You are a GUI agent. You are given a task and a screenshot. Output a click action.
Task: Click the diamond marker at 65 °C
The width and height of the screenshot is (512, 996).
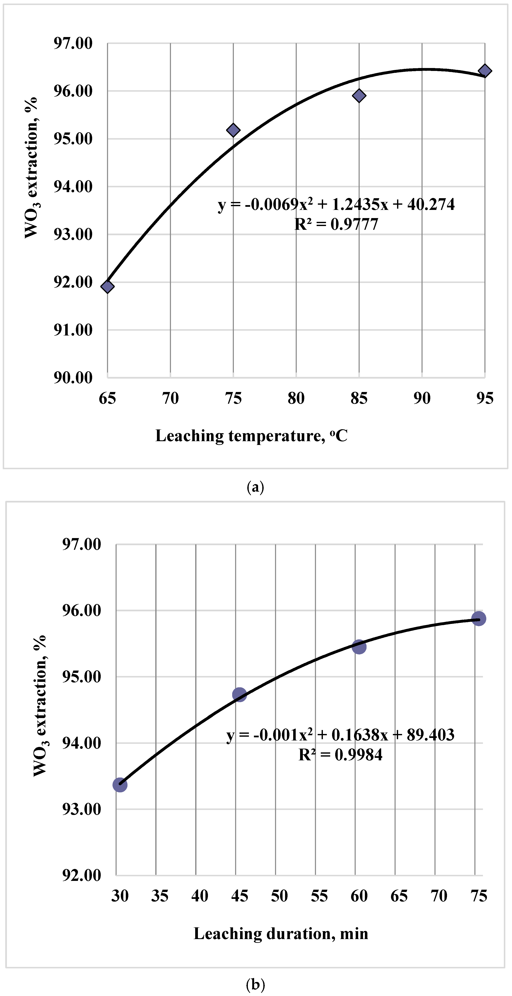107,287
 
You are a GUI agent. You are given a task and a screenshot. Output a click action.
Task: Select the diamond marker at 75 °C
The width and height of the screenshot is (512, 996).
233,130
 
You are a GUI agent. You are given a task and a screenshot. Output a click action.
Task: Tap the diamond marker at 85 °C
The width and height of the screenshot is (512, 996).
359,95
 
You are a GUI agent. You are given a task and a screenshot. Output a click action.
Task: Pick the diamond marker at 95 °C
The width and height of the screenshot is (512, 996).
485,71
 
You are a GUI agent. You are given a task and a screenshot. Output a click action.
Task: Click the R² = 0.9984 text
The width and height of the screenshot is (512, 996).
340,755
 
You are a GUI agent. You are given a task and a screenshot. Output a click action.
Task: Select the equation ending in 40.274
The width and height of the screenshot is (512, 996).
336,204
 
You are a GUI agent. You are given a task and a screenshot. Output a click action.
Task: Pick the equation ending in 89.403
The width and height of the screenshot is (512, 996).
340,735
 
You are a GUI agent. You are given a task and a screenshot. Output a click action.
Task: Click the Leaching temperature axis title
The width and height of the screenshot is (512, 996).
251,436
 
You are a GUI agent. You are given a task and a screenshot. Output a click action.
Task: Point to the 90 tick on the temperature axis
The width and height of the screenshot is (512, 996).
422,398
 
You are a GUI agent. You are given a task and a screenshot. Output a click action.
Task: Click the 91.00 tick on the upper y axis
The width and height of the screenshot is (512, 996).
73,330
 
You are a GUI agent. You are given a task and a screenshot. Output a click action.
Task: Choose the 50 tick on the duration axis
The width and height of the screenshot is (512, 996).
279,896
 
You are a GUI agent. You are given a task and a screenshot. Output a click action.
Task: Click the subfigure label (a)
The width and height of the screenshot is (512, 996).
255,487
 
